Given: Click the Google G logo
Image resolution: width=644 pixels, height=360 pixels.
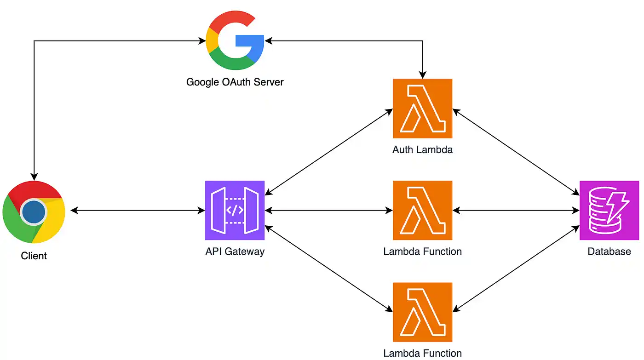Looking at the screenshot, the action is (x=235, y=40).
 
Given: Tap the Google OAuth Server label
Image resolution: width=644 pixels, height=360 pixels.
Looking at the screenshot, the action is (x=235, y=82).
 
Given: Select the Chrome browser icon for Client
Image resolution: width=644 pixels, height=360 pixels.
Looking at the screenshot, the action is (x=34, y=212).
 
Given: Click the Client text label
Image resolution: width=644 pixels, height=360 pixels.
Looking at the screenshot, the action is (x=34, y=256).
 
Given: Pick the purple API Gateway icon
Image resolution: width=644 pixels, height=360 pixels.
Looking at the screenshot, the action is (x=235, y=210).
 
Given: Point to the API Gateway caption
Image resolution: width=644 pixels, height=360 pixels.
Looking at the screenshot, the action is (x=235, y=251).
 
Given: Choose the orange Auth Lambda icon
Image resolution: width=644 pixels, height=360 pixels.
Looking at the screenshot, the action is (x=422, y=109).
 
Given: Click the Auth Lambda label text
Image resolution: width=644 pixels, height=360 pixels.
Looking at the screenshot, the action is (x=422, y=150).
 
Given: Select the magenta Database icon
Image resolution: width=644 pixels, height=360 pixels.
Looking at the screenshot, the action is (x=609, y=210).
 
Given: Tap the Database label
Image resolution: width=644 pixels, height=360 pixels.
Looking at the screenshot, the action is (x=609, y=251).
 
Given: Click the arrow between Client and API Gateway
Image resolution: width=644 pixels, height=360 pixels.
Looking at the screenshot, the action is (x=138, y=211).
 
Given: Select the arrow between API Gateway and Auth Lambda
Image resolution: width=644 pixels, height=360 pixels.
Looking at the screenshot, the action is (x=328, y=152).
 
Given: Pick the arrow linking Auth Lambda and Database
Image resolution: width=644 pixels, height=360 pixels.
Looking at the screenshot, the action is (x=516, y=152).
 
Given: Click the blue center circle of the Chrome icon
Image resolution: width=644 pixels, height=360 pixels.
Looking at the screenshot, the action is (x=34, y=212).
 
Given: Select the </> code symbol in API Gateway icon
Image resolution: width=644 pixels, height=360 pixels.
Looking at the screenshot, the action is (x=235, y=210).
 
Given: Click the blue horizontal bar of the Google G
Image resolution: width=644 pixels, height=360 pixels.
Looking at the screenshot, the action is (x=249, y=40).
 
